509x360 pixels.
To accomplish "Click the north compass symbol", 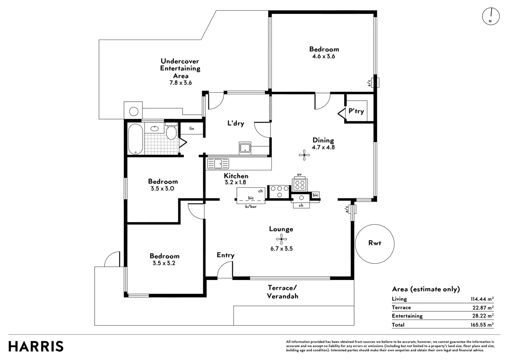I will coord(491,16).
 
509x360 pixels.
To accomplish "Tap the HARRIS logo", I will coord(36,346).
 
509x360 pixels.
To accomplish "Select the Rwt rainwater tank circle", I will coord(375,244).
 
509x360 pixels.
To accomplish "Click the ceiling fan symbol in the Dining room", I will coord(304,155).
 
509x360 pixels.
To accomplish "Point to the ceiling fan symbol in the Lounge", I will coord(281,239).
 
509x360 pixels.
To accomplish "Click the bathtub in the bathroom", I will coord(136,139).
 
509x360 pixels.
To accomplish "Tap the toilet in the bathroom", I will coord(171,132).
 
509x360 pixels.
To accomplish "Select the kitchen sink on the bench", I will coord(218,164).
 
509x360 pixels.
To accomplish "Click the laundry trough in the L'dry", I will coord(245,148).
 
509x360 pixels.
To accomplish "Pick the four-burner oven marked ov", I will coord(300,184).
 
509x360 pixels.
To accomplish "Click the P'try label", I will coord(356,111).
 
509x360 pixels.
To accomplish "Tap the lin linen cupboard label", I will coord(192,129).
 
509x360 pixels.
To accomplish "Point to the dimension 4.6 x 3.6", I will coord(323,56).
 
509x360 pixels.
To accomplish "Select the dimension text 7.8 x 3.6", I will coord(181,83).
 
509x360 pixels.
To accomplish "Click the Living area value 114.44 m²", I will coord(482,299).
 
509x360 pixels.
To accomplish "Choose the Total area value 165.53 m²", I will coord(482,325).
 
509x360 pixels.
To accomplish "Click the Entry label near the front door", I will coord(226,255).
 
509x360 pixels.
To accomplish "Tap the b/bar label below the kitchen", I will coord(251,207).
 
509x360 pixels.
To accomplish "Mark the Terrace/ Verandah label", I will coord(282,292).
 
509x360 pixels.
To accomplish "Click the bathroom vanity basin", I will coord(155,128).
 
